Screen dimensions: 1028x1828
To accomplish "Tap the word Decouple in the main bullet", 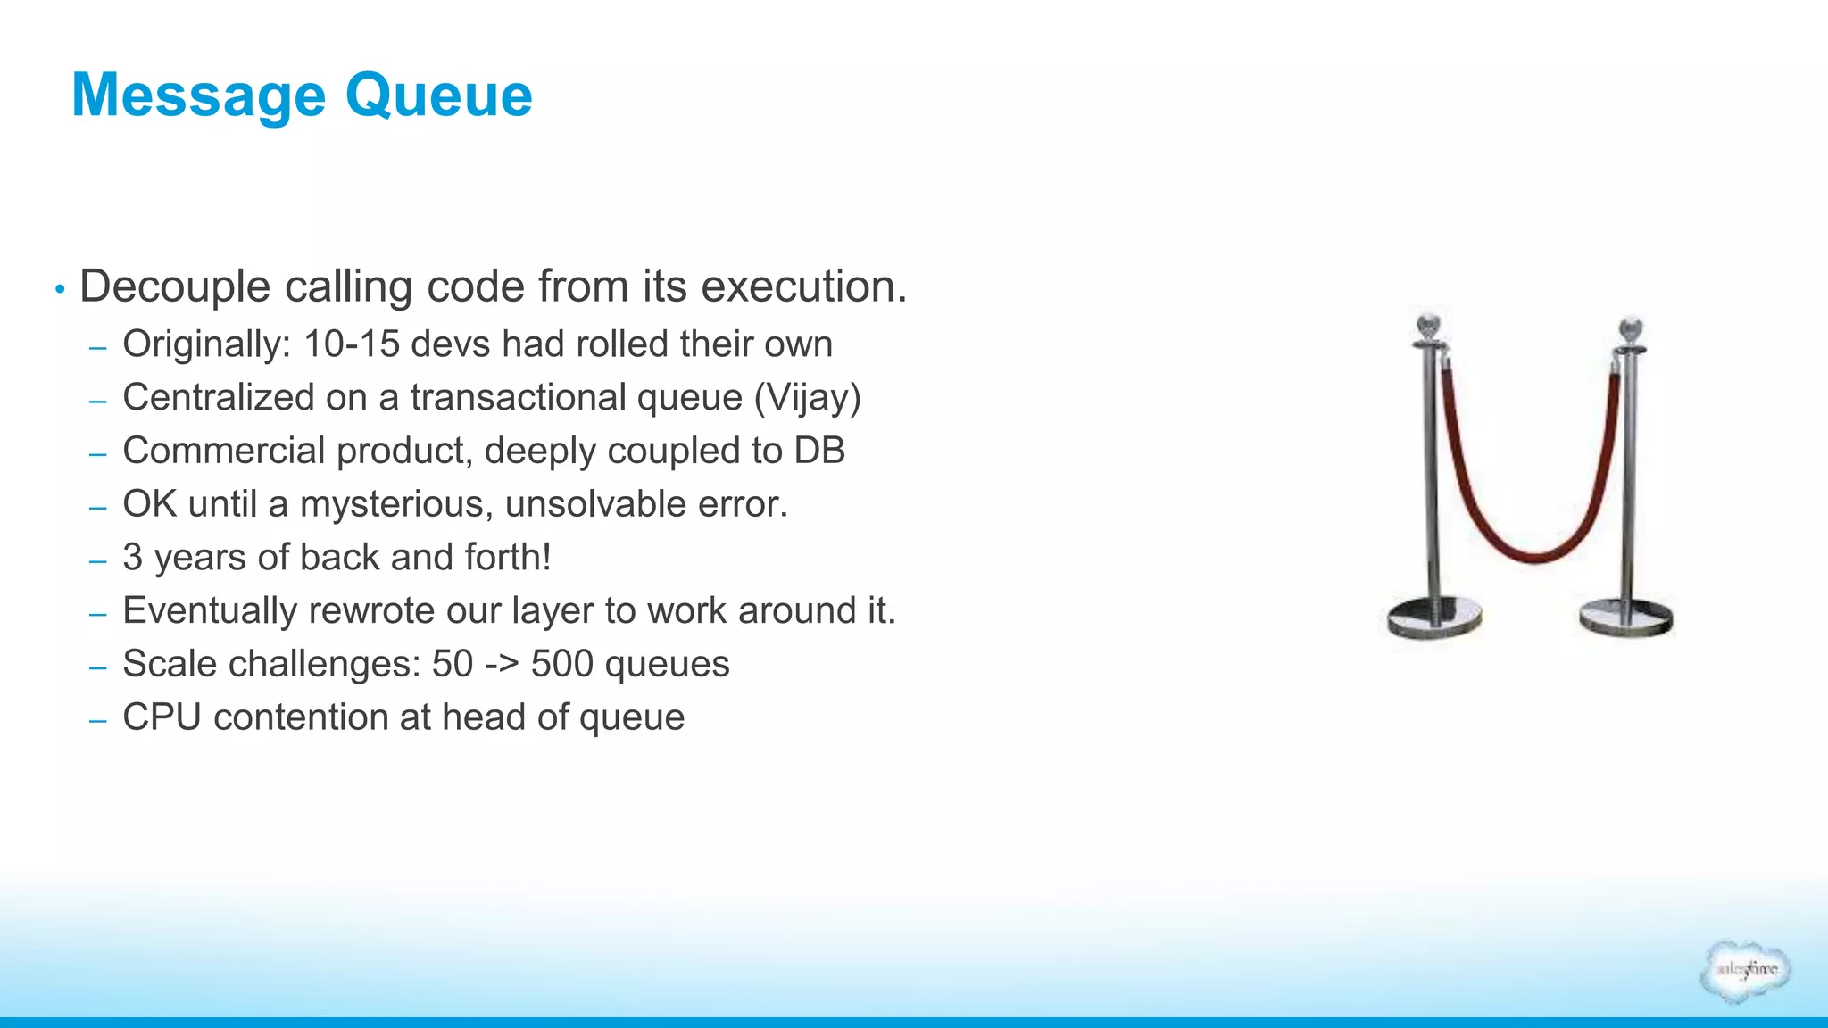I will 175,287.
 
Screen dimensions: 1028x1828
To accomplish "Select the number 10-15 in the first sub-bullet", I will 352,344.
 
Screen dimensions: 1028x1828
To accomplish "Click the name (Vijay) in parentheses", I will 807,398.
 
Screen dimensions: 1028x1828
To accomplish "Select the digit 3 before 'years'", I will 132,558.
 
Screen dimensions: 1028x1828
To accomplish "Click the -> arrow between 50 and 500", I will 502,665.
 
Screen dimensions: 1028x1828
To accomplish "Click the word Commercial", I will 223,451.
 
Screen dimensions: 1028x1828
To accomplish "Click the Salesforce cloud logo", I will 1746,971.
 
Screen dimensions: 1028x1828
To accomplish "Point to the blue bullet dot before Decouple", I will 60,289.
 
